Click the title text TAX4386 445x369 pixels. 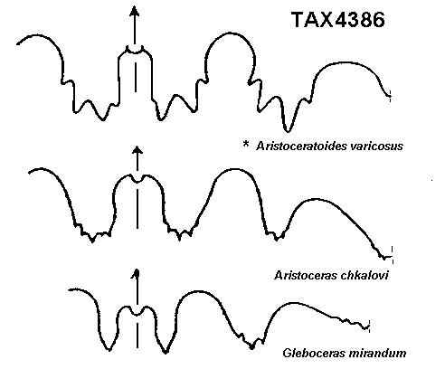[x=338, y=20]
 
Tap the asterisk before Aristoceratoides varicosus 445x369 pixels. [x=246, y=144]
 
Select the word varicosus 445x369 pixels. [x=377, y=147]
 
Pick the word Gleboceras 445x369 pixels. [x=311, y=353]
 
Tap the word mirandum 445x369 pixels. [x=374, y=353]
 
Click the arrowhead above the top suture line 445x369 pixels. [x=135, y=11]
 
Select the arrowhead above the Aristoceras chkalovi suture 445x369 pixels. [x=137, y=151]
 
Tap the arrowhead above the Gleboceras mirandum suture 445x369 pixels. [x=137, y=273]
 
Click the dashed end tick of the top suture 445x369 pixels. [x=391, y=96]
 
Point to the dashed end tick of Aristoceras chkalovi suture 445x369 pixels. [x=392, y=255]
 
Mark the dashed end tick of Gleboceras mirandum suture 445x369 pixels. [x=369, y=326]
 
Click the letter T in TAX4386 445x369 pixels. [x=298, y=20]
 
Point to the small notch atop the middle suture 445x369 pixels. [x=137, y=180]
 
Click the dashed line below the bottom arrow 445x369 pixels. [x=137, y=335]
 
